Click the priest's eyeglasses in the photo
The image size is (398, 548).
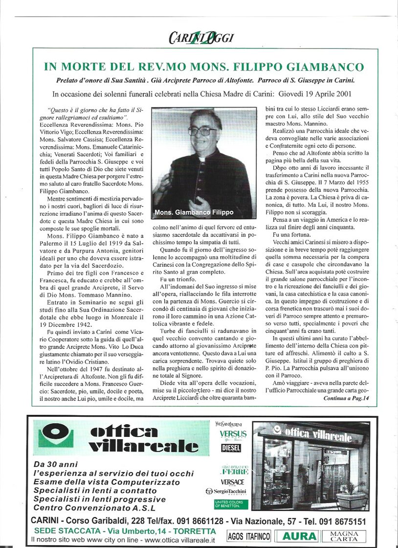(x=201, y=131)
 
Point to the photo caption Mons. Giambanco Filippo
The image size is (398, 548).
(x=194, y=213)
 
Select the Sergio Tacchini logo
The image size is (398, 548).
(x=226, y=491)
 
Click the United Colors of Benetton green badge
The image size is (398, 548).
(x=231, y=503)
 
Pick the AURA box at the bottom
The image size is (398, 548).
(x=297, y=536)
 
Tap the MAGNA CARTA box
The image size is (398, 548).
(x=344, y=536)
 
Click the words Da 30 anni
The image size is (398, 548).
(x=55, y=464)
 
